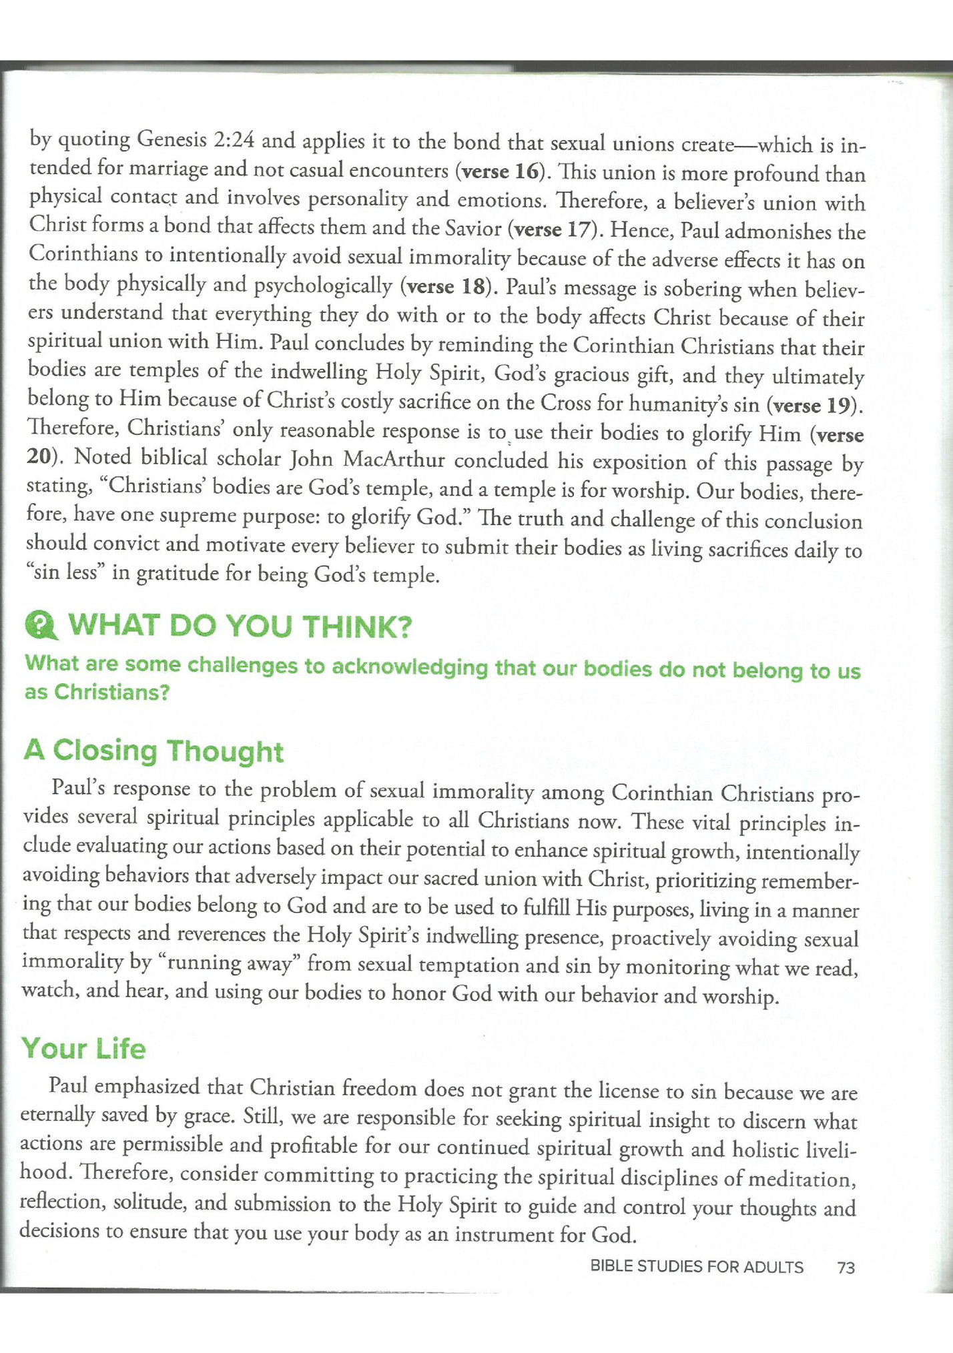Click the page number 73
coord(846,1268)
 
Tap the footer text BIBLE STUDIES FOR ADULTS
coord(696,1267)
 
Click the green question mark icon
coord(41,625)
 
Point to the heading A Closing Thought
coord(153,751)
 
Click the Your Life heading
coord(83,1048)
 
